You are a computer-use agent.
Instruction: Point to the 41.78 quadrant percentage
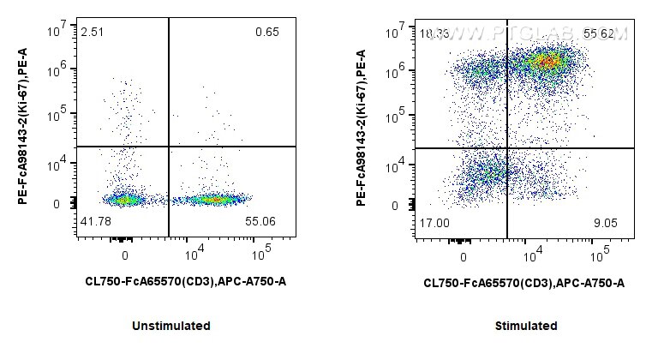96,221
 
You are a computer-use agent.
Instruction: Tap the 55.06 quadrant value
263,221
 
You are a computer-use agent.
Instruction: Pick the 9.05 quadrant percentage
605,222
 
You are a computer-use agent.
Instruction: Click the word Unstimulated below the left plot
171,326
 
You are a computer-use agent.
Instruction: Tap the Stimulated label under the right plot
526,326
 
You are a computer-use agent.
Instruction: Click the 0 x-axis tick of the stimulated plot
464,255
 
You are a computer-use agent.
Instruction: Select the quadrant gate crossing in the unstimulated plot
169,147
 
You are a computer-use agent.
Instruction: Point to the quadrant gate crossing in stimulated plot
507,147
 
